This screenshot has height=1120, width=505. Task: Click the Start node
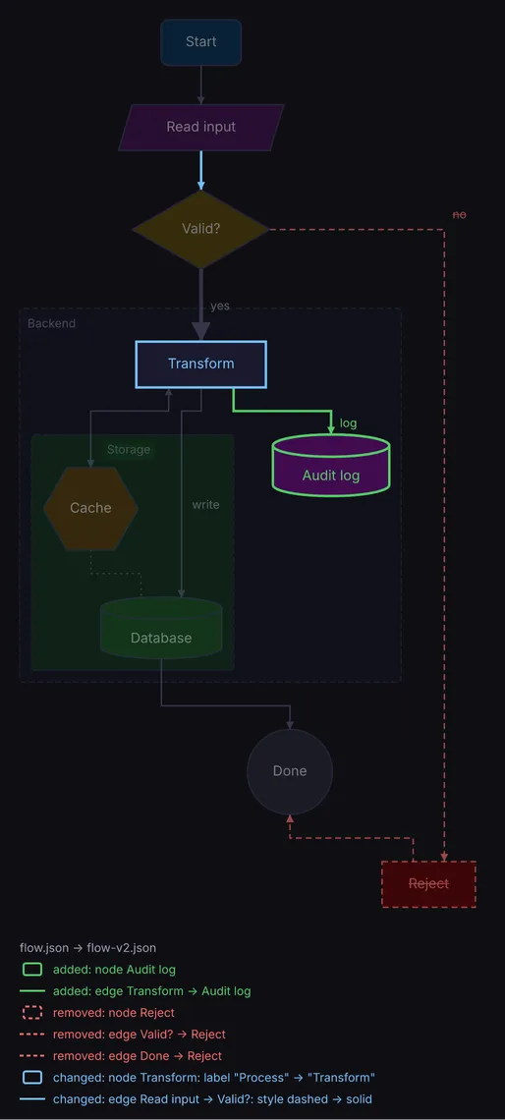click(x=200, y=42)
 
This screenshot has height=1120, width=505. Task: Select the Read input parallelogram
click(x=200, y=127)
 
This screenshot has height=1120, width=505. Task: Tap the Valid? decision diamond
click(x=200, y=229)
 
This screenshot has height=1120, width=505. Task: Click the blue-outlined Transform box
click(x=200, y=364)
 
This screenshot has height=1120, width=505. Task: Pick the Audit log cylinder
click(x=331, y=465)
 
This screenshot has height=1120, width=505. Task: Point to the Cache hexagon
click(x=90, y=508)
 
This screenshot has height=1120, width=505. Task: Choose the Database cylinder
click(x=161, y=628)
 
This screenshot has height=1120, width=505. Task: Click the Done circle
click(x=289, y=771)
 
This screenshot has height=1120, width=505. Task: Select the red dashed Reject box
click(x=428, y=884)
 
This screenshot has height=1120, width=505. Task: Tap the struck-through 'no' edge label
click(x=459, y=214)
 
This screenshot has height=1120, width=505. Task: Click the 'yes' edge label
click(x=220, y=306)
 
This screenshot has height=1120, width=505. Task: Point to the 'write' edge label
click(x=205, y=504)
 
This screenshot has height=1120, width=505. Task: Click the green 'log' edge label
click(x=348, y=422)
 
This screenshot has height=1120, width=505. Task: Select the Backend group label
click(x=51, y=323)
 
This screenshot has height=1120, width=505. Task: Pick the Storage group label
click(x=129, y=449)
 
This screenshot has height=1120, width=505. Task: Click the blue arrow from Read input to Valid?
click(x=200, y=171)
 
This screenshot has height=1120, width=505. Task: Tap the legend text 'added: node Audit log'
click(x=114, y=970)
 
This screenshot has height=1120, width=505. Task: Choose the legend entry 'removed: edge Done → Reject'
click(x=138, y=1056)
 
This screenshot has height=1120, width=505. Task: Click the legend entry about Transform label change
click(x=214, y=1077)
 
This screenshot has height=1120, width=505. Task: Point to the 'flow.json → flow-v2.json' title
click(x=87, y=949)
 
